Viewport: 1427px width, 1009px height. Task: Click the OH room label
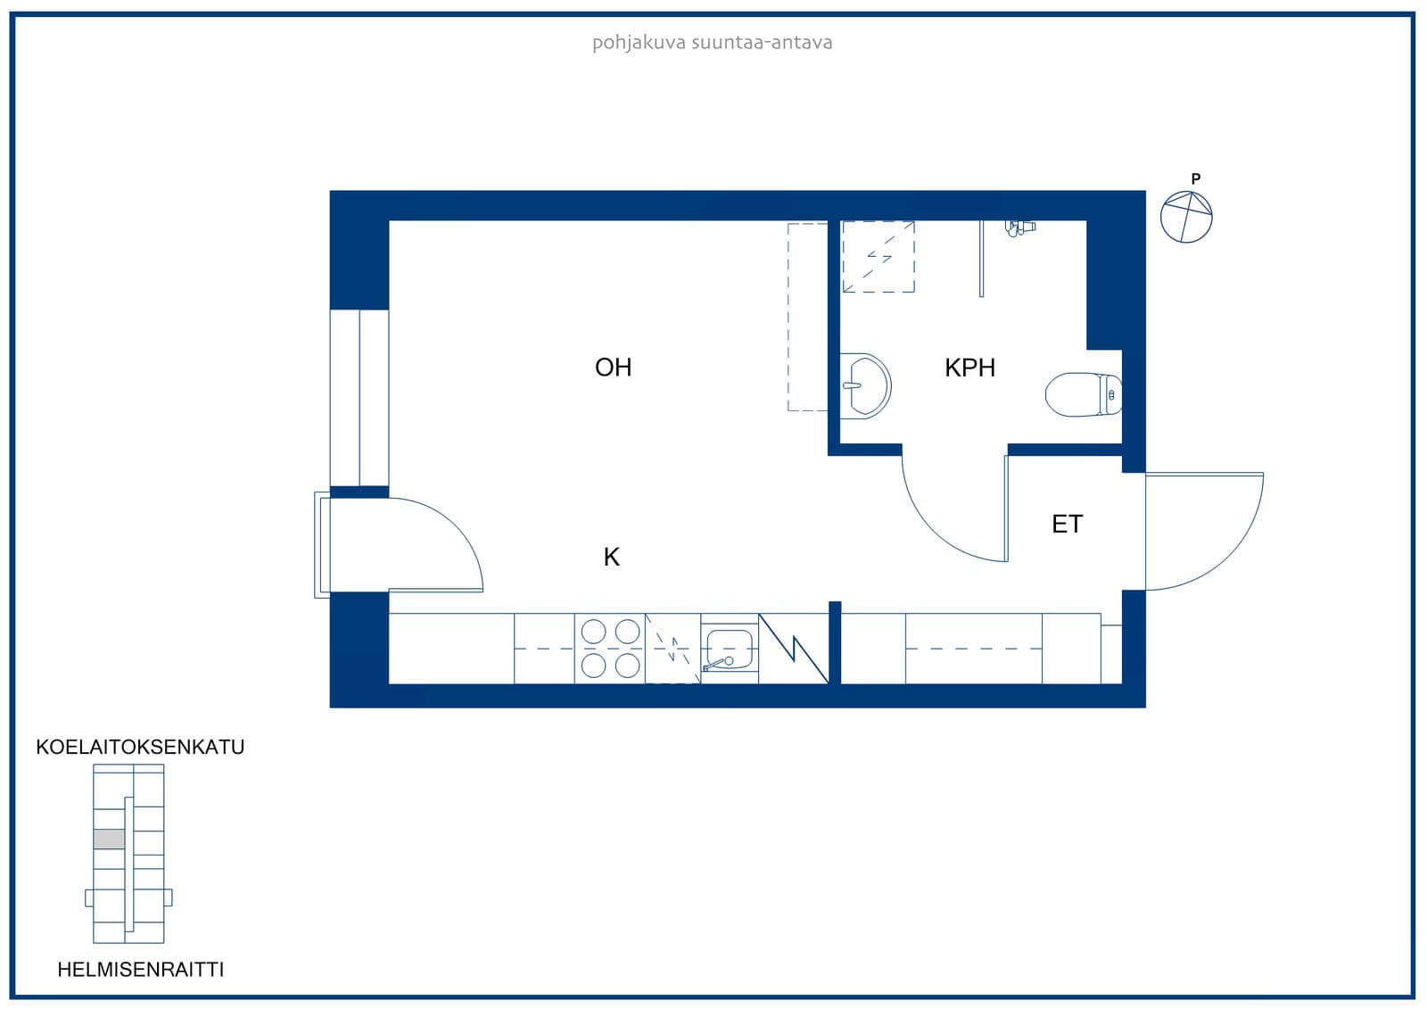(x=613, y=368)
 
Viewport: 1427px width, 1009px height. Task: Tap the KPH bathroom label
(x=969, y=368)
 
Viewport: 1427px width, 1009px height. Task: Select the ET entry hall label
(x=1067, y=524)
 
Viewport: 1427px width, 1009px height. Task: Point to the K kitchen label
(x=612, y=557)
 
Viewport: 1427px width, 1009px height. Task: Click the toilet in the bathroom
(x=1084, y=394)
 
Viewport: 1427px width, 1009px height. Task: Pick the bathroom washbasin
(x=864, y=385)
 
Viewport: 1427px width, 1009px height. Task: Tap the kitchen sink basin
(x=730, y=649)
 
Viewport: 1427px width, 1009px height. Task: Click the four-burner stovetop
(x=610, y=649)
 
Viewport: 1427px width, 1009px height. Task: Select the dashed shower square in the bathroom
(x=878, y=257)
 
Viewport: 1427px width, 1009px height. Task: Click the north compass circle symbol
(x=1186, y=217)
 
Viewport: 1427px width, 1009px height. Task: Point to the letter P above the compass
(x=1196, y=179)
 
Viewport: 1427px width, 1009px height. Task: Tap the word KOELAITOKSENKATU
(x=140, y=747)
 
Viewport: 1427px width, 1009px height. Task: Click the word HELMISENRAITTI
(x=141, y=970)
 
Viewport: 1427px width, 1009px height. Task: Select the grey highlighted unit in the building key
(x=110, y=839)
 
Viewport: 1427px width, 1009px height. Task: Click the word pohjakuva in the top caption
(x=639, y=43)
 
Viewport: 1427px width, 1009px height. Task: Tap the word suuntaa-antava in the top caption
(x=762, y=43)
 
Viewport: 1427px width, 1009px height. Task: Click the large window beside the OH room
(x=359, y=398)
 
